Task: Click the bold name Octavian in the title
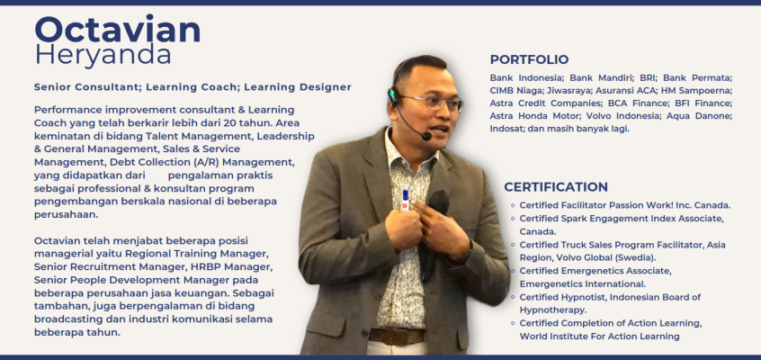click(x=118, y=29)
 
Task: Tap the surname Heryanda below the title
click(x=103, y=54)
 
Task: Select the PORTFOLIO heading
click(x=529, y=59)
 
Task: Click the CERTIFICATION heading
click(x=556, y=187)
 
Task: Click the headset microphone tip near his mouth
click(x=426, y=136)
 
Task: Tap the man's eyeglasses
click(x=432, y=103)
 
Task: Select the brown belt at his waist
click(x=397, y=337)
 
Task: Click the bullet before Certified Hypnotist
click(x=513, y=297)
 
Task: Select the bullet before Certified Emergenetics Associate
click(x=513, y=271)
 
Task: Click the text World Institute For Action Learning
click(x=599, y=337)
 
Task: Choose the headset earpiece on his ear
click(x=392, y=96)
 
